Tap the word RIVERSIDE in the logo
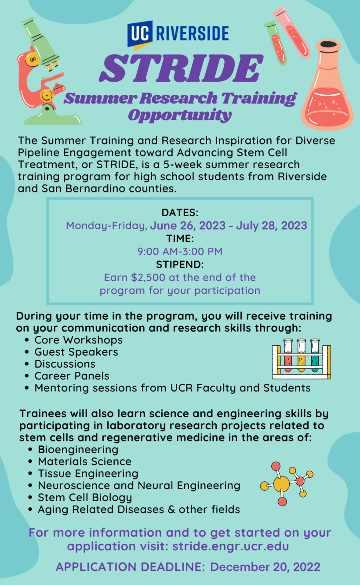point(193,33)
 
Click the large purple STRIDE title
point(181,69)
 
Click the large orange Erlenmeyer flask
point(327,85)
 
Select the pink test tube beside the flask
point(291,32)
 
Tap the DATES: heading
point(180,213)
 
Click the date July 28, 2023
point(271,225)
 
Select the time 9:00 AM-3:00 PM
point(180,252)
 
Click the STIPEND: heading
point(180,264)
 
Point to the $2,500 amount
point(148,278)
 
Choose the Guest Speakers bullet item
point(76,352)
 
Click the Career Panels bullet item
point(72,376)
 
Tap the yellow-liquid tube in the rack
point(302,355)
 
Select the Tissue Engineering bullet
point(88,473)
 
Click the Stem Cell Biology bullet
point(85,498)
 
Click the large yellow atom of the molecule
point(281,484)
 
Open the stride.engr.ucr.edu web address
point(231,546)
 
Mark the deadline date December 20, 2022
point(265,567)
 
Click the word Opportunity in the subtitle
point(180,115)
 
